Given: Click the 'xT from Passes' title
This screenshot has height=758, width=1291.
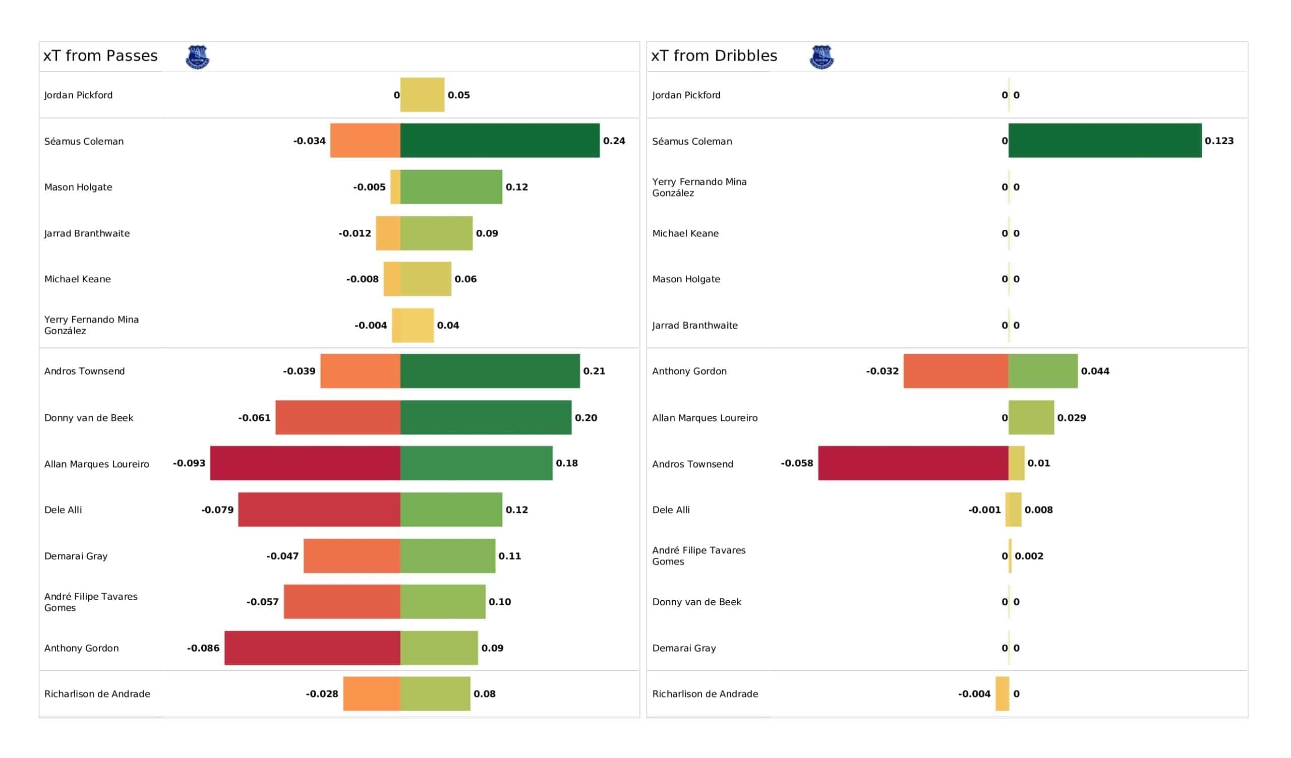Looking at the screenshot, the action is pyautogui.click(x=100, y=56).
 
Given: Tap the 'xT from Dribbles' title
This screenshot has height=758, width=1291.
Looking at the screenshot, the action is pyautogui.click(x=714, y=56).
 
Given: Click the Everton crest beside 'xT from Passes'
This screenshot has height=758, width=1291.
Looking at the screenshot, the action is pyautogui.click(x=198, y=57).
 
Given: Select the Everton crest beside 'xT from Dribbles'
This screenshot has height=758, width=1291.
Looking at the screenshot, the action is pyautogui.click(x=821, y=57).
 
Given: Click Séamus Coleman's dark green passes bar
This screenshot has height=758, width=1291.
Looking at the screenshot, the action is pyautogui.click(x=500, y=140).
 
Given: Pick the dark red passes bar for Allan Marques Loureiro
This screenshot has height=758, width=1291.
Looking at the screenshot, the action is pyautogui.click(x=305, y=463).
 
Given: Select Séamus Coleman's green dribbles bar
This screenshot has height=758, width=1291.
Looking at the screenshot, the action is pyautogui.click(x=1105, y=140).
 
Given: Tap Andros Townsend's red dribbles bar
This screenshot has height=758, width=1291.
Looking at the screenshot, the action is pyautogui.click(x=913, y=463).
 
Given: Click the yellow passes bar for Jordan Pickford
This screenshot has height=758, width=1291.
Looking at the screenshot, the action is pyautogui.click(x=422, y=95).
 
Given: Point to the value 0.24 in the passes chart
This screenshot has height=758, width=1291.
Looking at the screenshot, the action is pyautogui.click(x=614, y=141).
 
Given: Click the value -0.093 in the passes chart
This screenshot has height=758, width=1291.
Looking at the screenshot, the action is pyautogui.click(x=189, y=463).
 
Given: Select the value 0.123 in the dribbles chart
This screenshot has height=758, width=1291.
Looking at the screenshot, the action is pyautogui.click(x=1219, y=141).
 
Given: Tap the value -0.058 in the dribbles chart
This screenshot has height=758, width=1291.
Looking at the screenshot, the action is pyautogui.click(x=797, y=463).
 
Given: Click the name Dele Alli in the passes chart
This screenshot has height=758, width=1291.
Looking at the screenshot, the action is pyautogui.click(x=63, y=510).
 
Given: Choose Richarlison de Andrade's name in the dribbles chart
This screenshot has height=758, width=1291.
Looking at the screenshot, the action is pyautogui.click(x=705, y=694).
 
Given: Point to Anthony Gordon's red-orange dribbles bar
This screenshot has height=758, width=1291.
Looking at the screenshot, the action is pyautogui.click(x=956, y=371).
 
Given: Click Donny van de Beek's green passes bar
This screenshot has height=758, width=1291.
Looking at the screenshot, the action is pyautogui.click(x=486, y=417).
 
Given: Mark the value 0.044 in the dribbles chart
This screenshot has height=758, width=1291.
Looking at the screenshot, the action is pyautogui.click(x=1095, y=371).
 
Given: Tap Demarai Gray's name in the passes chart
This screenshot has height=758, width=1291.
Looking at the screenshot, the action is pyautogui.click(x=76, y=556).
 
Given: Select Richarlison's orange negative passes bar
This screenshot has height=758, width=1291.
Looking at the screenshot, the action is pyautogui.click(x=372, y=693).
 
